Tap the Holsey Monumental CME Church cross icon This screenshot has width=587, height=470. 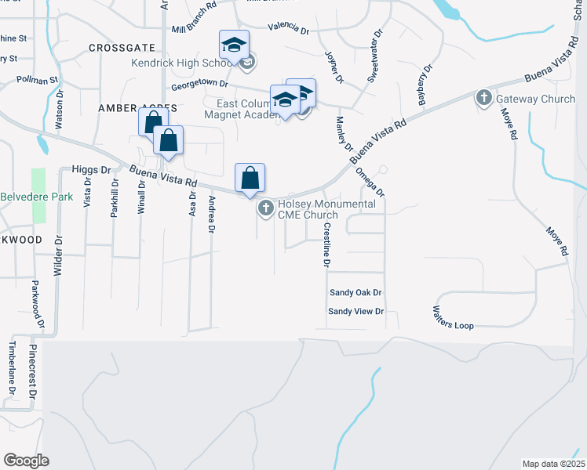tap(265, 208)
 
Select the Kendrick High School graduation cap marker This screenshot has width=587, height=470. tap(234, 46)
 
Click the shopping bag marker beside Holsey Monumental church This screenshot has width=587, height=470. tap(250, 179)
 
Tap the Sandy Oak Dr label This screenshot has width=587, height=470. tap(355, 292)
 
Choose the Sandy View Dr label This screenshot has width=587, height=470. tap(355, 311)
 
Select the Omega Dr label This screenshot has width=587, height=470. tap(370, 182)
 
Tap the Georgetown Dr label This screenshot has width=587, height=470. tap(200, 83)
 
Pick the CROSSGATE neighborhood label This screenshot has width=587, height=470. tap(118, 48)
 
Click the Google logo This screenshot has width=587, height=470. tap(26, 461)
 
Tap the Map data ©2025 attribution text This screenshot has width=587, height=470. tap(553, 464)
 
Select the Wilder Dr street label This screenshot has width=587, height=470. tap(57, 258)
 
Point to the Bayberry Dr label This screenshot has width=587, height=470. tap(425, 85)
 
